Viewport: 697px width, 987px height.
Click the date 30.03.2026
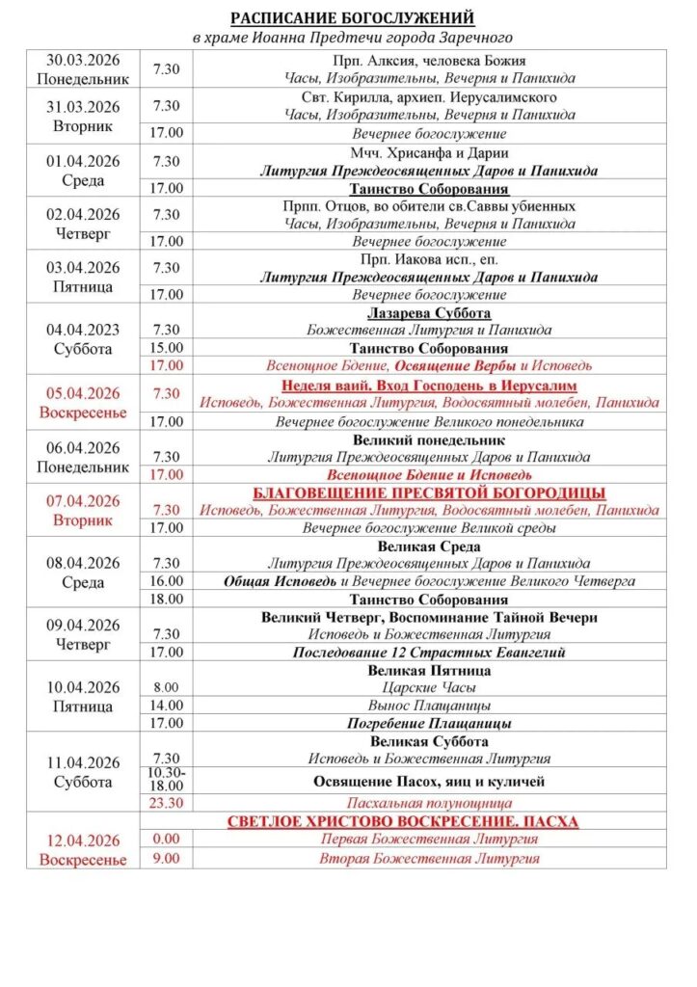83,61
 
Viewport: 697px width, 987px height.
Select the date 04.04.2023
83,330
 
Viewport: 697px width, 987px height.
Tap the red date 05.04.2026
83,393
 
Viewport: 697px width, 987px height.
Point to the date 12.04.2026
83,840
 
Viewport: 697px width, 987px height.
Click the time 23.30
166,802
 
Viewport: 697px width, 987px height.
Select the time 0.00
166,839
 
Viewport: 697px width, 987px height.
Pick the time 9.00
166,857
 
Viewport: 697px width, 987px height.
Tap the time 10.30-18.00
166,780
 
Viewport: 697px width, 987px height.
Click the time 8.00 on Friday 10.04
166,687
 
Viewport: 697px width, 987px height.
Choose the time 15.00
166,348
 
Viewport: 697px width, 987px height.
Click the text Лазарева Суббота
429,313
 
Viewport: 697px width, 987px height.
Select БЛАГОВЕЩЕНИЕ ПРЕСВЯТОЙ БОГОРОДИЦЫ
429,493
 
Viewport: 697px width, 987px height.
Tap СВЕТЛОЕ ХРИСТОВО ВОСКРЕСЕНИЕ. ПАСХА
429,821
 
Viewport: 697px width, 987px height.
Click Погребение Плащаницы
429,723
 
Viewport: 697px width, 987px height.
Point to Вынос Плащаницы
429,706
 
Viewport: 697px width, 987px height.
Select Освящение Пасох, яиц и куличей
429,781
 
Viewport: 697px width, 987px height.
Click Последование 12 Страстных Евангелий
429,653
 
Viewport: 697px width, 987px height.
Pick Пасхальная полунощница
429,802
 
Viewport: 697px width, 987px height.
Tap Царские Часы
429,687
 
